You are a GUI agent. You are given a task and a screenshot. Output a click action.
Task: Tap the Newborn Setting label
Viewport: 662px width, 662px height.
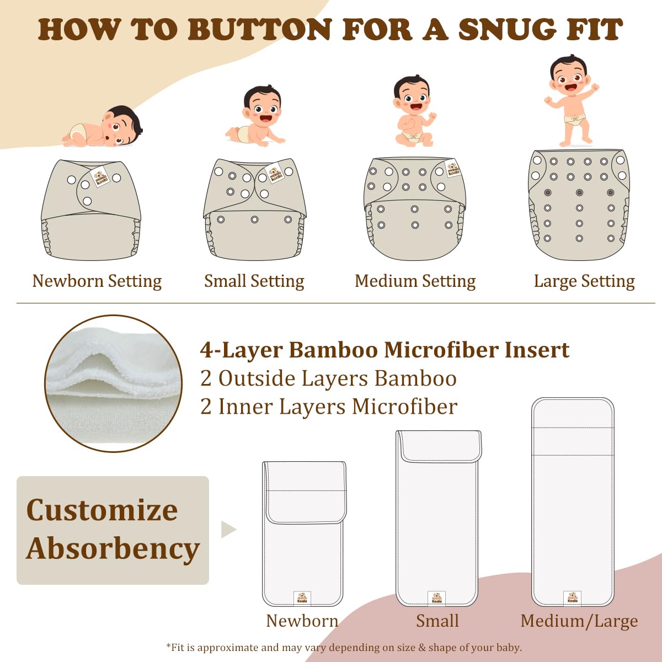(x=97, y=281)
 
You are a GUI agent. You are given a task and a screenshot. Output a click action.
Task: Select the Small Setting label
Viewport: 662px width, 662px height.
(x=254, y=281)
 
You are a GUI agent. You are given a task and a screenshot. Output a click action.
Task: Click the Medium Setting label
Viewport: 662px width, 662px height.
(x=415, y=281)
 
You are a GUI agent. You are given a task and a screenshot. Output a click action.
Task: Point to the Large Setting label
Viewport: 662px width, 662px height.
(x=584, y=281)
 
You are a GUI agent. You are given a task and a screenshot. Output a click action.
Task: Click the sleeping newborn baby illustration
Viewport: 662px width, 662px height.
(x=105, y=128)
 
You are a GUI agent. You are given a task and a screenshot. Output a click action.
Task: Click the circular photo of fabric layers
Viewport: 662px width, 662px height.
(x=114, y=383)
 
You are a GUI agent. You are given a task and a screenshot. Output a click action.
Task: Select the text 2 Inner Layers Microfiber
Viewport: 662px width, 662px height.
(x=329, y=407)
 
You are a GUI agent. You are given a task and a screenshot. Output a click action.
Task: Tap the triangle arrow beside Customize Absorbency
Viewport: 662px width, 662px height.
(x=228, y=530)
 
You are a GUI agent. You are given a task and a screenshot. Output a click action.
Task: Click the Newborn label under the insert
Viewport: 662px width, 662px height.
(x=302, y=621)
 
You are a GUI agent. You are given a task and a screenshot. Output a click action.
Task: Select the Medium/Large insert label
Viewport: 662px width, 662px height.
(x=579, y=621)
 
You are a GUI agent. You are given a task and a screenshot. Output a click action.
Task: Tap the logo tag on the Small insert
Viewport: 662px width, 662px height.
(x=437, y=597)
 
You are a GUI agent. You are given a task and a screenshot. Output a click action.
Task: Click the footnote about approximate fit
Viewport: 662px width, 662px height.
(x=344, y=647)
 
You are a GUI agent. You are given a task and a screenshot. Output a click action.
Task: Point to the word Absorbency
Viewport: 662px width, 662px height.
(x=113, y=549)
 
